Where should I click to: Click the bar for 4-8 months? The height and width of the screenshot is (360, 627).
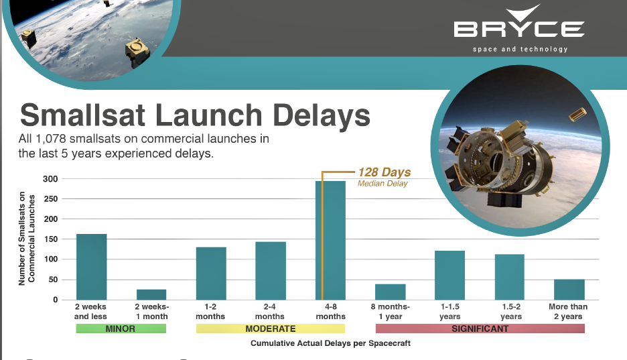(330, 241)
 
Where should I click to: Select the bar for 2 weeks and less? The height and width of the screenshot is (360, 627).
(92, 267)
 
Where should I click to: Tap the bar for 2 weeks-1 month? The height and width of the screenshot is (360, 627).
(151, 294)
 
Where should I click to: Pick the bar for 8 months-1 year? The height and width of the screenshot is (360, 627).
(391, 292)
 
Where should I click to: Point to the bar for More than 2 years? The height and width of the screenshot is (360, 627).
(569, 290)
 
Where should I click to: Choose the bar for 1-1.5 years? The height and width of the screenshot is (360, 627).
(450, 276)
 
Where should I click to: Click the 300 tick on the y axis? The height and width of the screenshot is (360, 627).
(50, 179)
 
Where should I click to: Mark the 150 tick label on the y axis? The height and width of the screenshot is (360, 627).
(50, 239)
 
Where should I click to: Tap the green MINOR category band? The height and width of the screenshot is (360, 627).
(121, 328)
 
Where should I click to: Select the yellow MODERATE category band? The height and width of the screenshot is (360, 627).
(271, 328)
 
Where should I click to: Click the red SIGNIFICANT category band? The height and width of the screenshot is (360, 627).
(480, 328)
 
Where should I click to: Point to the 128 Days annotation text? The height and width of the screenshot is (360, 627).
(385, 172)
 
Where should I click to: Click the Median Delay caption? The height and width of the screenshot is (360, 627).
(382, 183)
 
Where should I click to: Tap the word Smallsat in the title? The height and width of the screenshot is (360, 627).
(82, 115)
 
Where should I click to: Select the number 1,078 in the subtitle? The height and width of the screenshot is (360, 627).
(51, 139)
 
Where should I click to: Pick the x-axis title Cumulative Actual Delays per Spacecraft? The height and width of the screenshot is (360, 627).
(331, 343)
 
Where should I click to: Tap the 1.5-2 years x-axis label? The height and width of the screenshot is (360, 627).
(511, 312)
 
